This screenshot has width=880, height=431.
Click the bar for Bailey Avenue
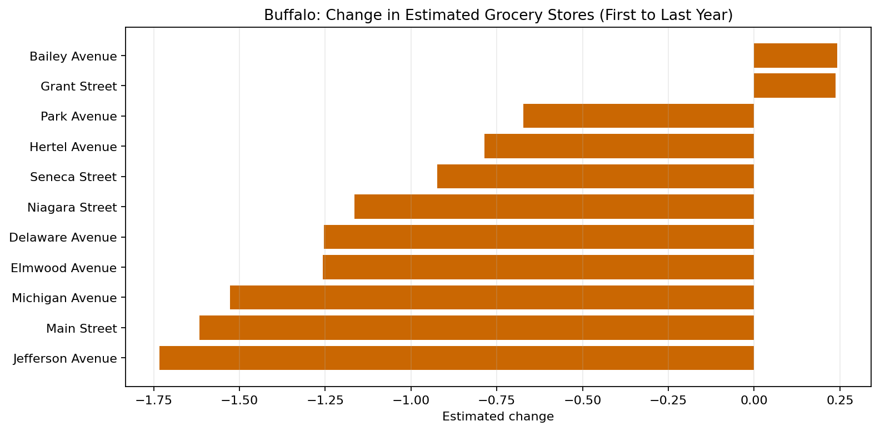795,56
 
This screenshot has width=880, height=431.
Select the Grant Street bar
794,86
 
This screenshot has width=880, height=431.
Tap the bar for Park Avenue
638,116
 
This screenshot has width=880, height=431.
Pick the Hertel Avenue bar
619,146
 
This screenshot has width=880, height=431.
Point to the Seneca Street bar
596,176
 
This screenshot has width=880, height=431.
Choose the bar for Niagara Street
554,207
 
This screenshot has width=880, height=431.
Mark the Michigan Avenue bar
492,297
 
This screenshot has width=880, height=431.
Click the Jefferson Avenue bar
457,358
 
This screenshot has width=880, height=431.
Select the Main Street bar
477,328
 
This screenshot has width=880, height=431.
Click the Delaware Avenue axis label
63,238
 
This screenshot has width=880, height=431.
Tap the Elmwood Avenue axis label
64,268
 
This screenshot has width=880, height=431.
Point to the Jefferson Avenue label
65,359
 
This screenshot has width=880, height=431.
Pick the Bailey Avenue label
73,56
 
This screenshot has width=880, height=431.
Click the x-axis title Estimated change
498,417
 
